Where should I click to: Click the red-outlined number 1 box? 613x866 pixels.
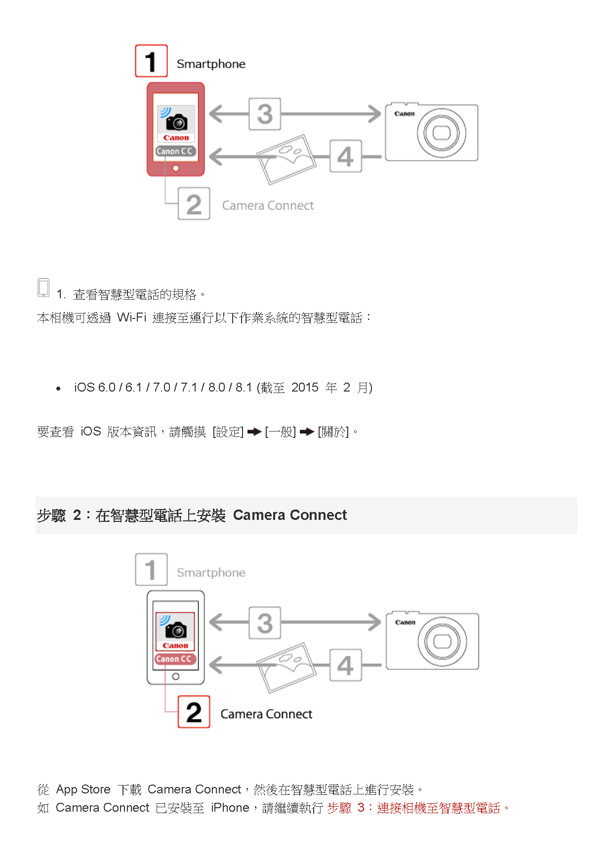(x=151, y=61)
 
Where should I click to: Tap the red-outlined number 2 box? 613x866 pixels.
(x=194, y=711)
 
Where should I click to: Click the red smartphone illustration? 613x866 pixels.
(x=176, y=129)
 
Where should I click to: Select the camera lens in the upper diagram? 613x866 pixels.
(x=441, y=133)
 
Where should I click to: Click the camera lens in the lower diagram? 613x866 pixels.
(x=442, y=641)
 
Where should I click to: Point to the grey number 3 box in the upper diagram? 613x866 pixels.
(x=265, y=114)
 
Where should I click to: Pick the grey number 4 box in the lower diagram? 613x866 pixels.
(x=346, y=665)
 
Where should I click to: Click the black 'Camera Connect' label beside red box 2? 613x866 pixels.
(x=266, y=714)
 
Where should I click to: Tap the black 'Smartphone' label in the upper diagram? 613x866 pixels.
(x=211, y=64)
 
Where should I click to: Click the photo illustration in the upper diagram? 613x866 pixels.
(x=287, y=159)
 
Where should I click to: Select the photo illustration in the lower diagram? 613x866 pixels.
(x=287, y=668)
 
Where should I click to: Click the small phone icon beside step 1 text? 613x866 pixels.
(x=43, y=287)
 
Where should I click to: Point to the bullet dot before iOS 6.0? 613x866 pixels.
(x=58, y=389)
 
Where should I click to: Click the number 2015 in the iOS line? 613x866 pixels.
(x=305, y=388)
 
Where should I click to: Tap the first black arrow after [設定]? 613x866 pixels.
(x=254, y=432)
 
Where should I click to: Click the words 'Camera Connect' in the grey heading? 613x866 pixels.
(x=290, y=515)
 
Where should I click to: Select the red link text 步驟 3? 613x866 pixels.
(x=346, y=808)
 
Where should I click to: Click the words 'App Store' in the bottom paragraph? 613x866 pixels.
(x=83, y=789)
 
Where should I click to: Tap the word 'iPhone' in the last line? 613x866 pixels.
(x=230, y=808)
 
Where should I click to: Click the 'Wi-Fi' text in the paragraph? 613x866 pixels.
(x=132, y=317)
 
